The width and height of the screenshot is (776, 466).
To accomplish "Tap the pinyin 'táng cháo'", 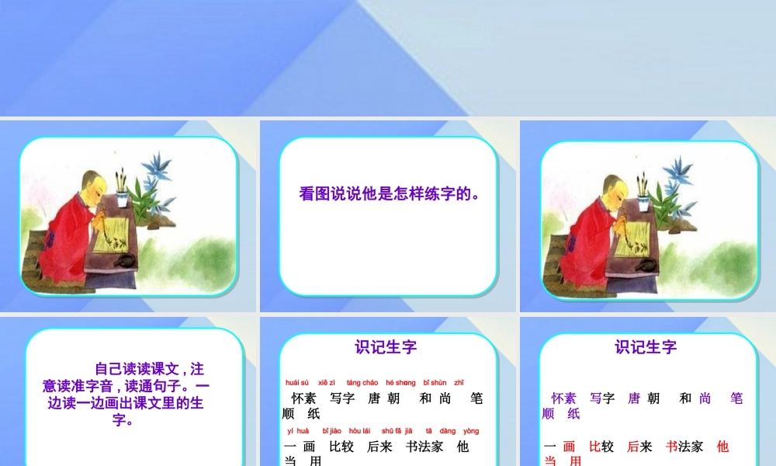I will pos(362,383).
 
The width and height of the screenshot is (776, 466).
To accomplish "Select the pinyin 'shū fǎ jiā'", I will pos(397,431).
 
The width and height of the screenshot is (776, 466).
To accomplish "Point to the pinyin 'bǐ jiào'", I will pos(331,431).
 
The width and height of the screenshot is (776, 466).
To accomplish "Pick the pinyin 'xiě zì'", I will pos(327,383).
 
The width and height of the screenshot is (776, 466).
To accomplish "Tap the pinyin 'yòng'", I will pos(471,431).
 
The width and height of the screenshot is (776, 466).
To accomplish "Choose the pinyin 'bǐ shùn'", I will pos(435,383).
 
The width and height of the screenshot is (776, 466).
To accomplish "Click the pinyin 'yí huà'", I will pos(298,431).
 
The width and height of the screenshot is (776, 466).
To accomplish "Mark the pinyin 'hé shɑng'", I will pos(400,383).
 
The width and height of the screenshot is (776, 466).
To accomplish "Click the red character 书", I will pos(672,447).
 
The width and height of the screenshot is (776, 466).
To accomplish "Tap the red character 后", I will pos(633,447).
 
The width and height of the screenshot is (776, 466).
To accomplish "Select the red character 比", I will pos(595,447).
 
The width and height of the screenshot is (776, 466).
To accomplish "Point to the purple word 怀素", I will pos(564,398).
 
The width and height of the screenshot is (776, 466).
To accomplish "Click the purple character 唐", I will pos(634,398).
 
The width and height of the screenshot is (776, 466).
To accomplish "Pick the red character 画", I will pos(569,447).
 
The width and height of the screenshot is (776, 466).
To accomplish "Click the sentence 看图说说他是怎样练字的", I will pos(389,193).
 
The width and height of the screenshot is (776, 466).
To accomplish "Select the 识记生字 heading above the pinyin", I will pos(386,347).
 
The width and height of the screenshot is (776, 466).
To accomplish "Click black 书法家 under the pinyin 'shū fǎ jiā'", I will pos(424,447).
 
